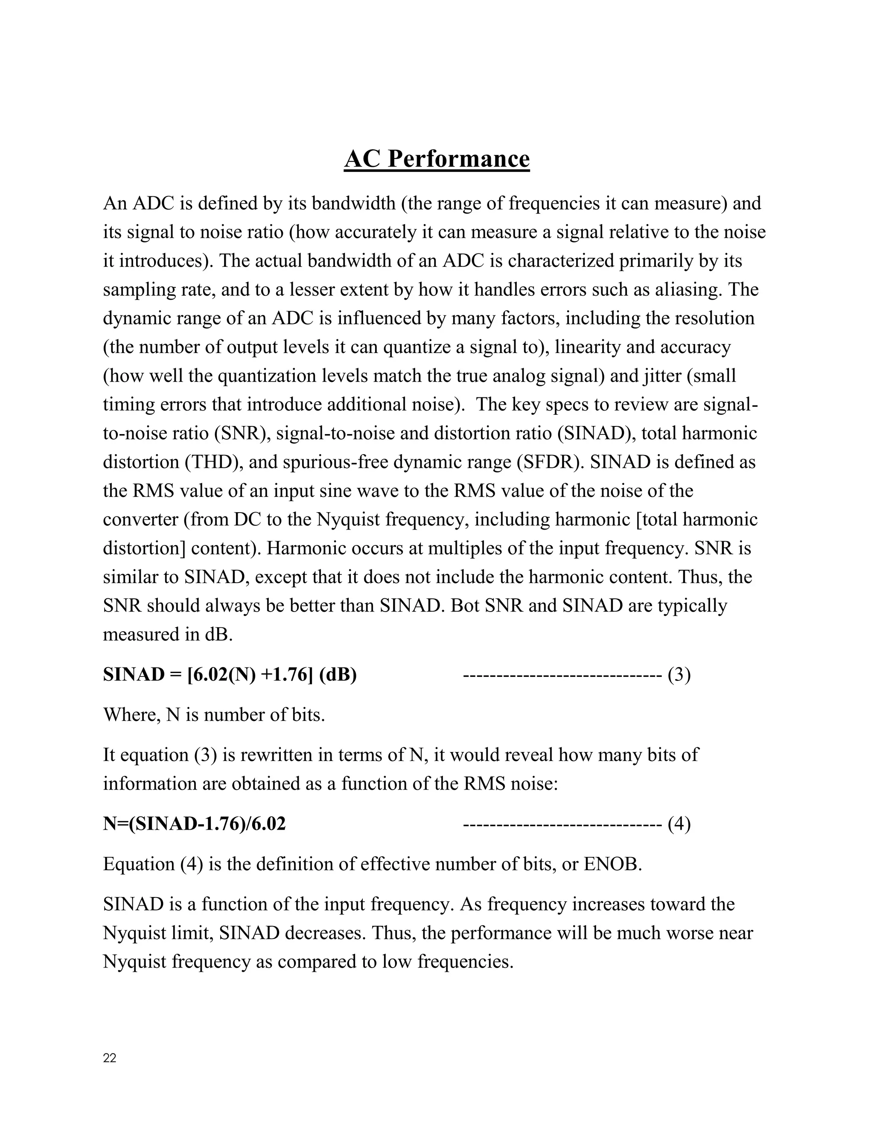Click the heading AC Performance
pyautogui.click(x=437, y=159)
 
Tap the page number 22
pyautogui.click(x=110, y=1058)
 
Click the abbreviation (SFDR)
pyautogui.click(x=550, y=462)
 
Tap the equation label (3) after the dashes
pyautogui.click(x=679, y=675)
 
